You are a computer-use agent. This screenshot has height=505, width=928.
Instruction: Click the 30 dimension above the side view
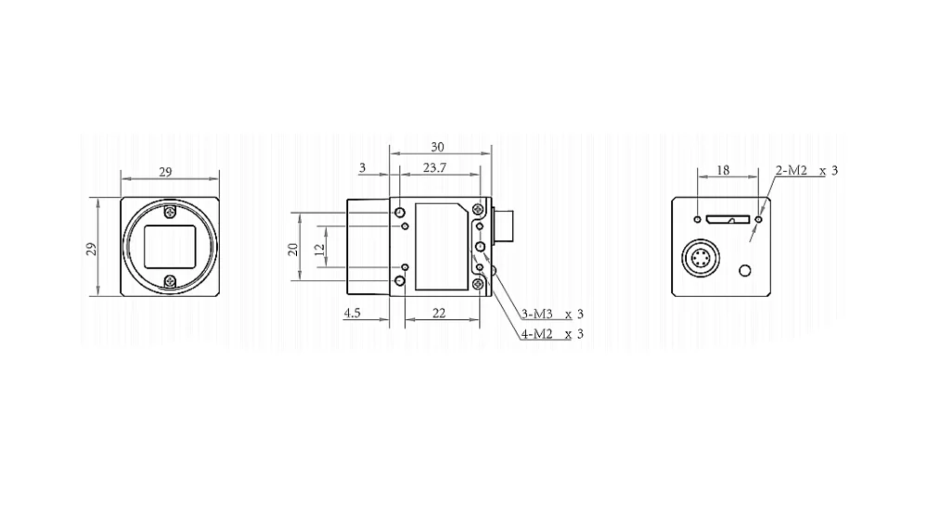pos(437,147)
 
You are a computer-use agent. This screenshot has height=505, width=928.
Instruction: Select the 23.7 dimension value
pos(434,168)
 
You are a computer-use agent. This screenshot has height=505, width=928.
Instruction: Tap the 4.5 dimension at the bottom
pos(352,313)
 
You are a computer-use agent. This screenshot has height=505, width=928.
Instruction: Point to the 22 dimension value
pos(439,313)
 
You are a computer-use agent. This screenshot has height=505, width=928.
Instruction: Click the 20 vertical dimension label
pos(293,249)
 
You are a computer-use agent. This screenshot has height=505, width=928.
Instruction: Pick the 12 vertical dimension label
pos(319,249)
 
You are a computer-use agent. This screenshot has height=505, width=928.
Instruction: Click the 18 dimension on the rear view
pos(723,171)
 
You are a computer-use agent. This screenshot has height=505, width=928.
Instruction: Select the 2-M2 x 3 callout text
pos(806,171)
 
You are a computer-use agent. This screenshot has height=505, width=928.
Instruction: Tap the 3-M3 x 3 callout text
pos(552,314)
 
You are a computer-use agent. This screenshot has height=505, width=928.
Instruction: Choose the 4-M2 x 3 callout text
pos(552,334)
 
